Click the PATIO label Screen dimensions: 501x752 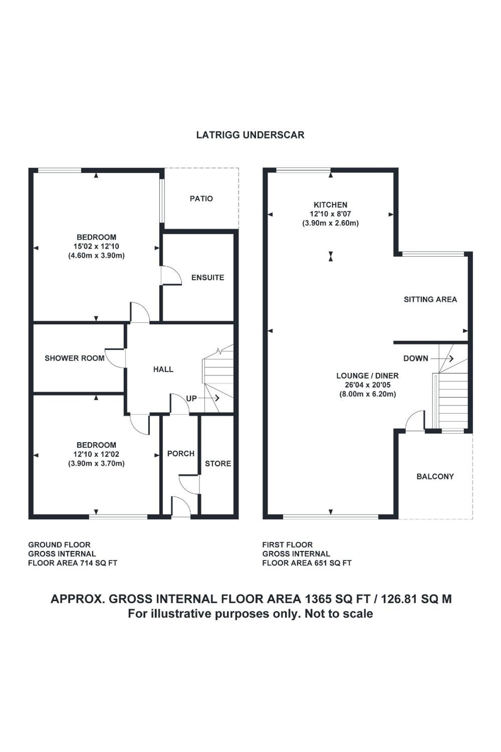point(201,199)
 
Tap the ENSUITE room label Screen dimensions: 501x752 point(208,278)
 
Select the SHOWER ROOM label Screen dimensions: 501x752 point(75,358)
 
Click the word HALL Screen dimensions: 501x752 point(163,370)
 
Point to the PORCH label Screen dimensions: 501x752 point(181,453)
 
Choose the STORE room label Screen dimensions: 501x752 point(218,464)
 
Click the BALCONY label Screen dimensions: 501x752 point(435,476)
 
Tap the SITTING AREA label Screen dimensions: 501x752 point(430,299)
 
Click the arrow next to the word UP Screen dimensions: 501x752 point(209,398)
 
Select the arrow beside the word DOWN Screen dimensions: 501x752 point(442,359)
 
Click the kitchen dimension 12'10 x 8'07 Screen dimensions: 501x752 point(330,214)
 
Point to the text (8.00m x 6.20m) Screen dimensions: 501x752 point(368,394)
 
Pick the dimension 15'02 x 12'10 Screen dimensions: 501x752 point(96,246)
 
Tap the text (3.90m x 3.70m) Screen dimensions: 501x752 point(96,464)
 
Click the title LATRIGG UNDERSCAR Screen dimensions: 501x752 point(250,135)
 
